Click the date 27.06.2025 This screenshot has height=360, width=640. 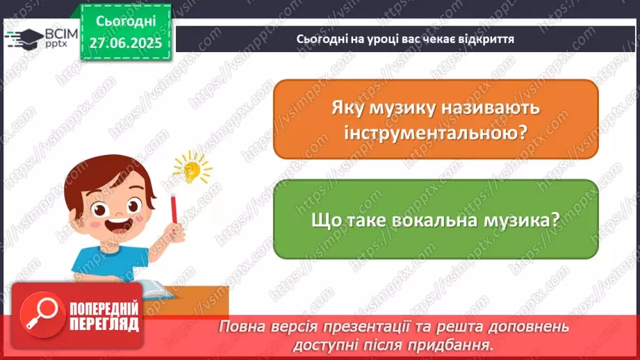125,43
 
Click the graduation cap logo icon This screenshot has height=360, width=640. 21,38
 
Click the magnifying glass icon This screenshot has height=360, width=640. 38,312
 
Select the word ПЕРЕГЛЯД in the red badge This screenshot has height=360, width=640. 104,323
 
